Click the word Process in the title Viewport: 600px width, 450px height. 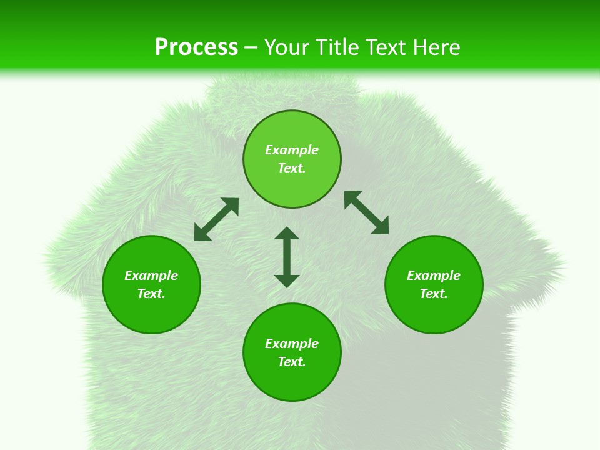196,47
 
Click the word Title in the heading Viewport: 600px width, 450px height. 336,47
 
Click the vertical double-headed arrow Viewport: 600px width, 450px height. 287,257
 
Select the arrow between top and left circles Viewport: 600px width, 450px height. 216,219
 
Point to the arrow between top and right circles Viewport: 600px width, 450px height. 367,212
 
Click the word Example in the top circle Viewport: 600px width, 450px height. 292,150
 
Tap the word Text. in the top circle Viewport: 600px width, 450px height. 292,168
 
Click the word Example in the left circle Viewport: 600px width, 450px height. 151,276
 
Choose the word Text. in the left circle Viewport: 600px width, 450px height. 151,294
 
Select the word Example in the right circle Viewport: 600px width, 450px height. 434,276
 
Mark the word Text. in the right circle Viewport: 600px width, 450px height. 434,294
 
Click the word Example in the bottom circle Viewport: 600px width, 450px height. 292,344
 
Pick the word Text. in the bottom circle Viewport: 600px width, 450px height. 292,362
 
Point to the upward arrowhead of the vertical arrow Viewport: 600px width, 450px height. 287,233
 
